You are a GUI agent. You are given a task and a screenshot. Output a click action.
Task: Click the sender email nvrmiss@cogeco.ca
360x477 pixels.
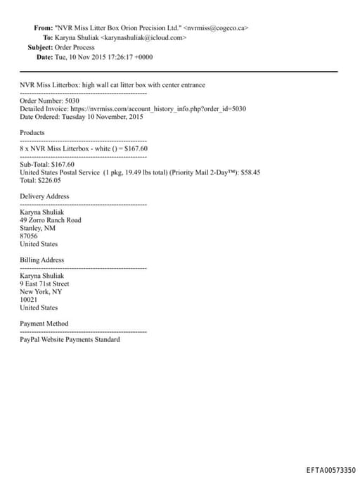216,28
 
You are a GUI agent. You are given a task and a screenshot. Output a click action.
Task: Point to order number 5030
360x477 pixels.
72,101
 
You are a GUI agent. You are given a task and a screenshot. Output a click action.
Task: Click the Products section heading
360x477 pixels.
32,132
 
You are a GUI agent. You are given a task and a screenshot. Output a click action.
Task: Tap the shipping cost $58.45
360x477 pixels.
247,172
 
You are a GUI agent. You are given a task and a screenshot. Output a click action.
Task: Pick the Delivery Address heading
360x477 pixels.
44,196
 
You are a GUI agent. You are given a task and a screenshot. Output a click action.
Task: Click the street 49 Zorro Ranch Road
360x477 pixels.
50,220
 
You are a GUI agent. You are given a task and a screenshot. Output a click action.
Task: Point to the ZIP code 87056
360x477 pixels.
29,236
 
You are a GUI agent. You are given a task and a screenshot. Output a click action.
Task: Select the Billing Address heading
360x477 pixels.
41,260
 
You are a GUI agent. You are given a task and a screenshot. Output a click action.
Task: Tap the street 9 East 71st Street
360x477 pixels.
44,284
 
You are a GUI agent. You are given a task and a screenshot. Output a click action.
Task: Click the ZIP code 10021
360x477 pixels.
29,300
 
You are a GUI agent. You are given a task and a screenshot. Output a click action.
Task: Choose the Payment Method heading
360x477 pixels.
44,324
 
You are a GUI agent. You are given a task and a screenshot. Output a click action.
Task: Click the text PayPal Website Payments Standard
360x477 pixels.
70,340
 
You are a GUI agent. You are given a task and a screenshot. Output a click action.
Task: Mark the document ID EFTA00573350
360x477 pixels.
331,469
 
